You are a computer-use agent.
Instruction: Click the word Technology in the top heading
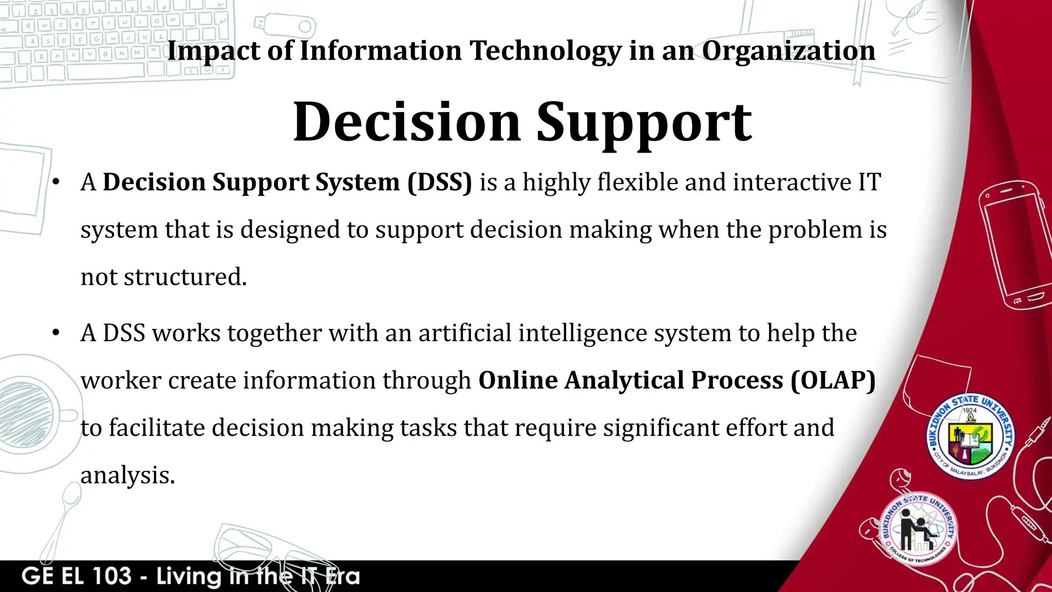(546, 51)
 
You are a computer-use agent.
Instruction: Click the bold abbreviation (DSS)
(440, 182)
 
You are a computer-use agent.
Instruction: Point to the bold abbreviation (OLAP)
(833, 380)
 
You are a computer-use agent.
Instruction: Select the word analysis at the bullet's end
(127, 475)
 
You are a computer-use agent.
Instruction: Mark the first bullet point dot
(56, 182)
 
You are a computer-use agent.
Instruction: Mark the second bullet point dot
(56, 333)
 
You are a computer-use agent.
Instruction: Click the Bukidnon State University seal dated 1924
(970, 437)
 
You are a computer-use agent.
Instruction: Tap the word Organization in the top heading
(788, 51)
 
